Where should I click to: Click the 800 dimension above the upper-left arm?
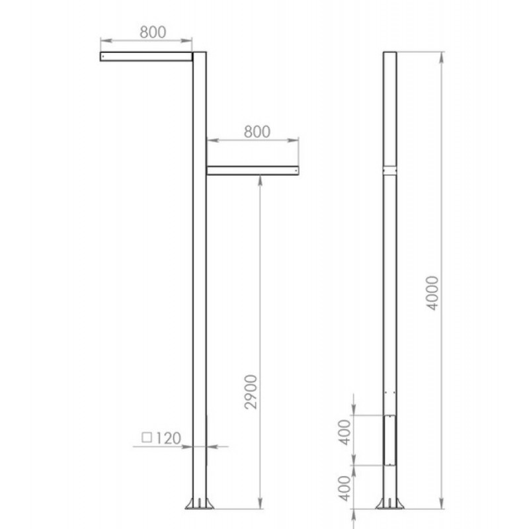coord(153,32)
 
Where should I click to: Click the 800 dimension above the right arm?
coord(257,132)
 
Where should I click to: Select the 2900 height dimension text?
coord(251,391)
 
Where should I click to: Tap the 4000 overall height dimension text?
coord(432,293)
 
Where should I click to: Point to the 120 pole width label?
coord(169,438)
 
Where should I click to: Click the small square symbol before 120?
coord(147,438)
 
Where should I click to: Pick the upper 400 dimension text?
coord(345,432)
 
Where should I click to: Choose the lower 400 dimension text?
coord(345,488)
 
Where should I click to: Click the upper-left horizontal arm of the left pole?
coord(146,56)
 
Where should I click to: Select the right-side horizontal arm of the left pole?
coord(253,171)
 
